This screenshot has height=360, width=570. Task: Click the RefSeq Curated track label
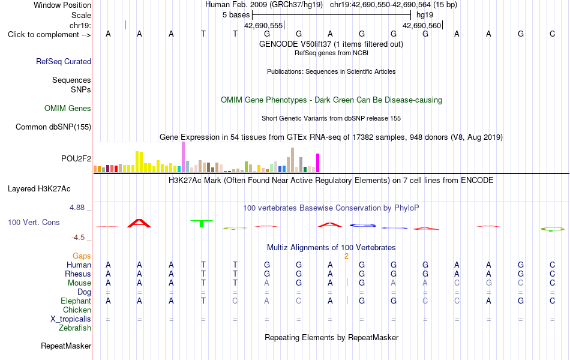pos(64,61)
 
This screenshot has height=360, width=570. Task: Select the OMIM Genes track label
pos(68,109)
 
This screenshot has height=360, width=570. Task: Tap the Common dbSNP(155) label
pos(53,127)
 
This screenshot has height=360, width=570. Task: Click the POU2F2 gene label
pos(76,158)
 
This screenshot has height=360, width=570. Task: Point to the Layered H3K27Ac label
pos(39,189)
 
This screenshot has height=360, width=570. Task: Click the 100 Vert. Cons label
pos(34,222)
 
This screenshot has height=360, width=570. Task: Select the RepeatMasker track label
pos(66,346)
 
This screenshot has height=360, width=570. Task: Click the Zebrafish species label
pos(75,328)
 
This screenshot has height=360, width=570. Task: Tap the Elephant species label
pos(76,301)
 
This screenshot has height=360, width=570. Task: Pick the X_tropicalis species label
pos(71,319)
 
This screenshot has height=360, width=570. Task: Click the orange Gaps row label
pos(82,256)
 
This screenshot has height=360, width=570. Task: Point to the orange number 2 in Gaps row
pos(346,256)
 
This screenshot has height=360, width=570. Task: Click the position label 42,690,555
pos(263,25)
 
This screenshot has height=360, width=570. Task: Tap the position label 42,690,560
pos(422,25)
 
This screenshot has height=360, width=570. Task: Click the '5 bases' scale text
pos(236,15)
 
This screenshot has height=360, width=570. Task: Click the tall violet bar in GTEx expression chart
pos(183,157)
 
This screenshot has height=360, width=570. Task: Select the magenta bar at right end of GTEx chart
pos(318,163)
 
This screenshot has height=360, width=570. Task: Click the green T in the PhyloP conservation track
pos(202,223)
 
